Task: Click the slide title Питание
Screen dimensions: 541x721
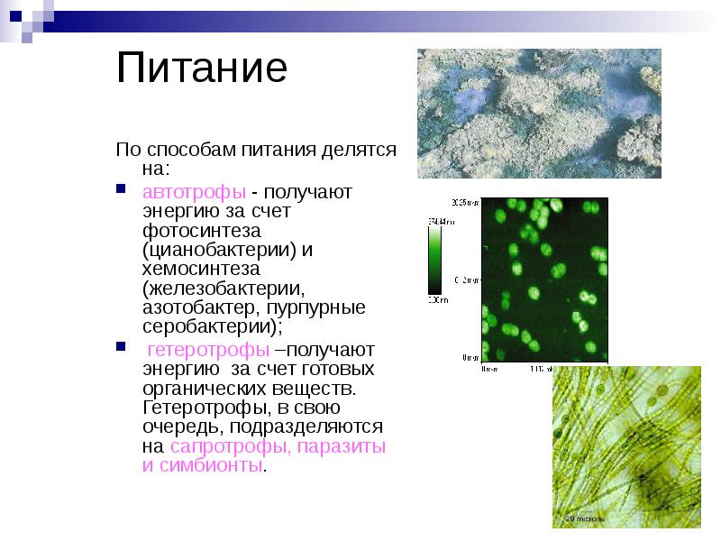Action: click(x=202, y=69)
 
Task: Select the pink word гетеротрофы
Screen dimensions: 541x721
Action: click(x=206, y=349)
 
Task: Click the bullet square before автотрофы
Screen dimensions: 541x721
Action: click(x=122, y=190)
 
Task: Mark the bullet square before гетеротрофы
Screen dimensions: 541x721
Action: click(x=122, y=347)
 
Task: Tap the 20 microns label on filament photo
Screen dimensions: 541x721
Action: click(x=584, y=519)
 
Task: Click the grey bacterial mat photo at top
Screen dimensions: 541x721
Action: click(x=539, y=113)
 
